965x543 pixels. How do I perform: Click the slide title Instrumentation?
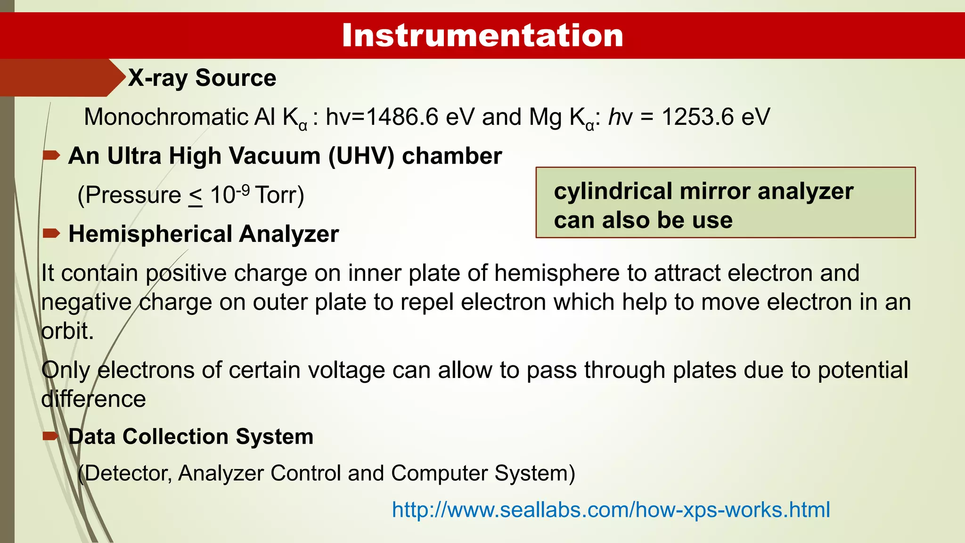[x=482, y=35]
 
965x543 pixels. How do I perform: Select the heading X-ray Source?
[x=202, y=78]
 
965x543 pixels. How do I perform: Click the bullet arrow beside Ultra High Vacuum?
[x=51, y=155]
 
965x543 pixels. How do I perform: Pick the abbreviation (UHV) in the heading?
[x=361, y=156]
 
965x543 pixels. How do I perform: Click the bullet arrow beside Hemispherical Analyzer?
[x=51, y=233]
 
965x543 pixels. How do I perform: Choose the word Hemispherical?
[x=150, y=234]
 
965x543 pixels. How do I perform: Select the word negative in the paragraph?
[x=86, y=303]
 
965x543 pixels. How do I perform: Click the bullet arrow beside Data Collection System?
[x=51, y=436]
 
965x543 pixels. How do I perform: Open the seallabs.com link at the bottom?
[x=611, y=510]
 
